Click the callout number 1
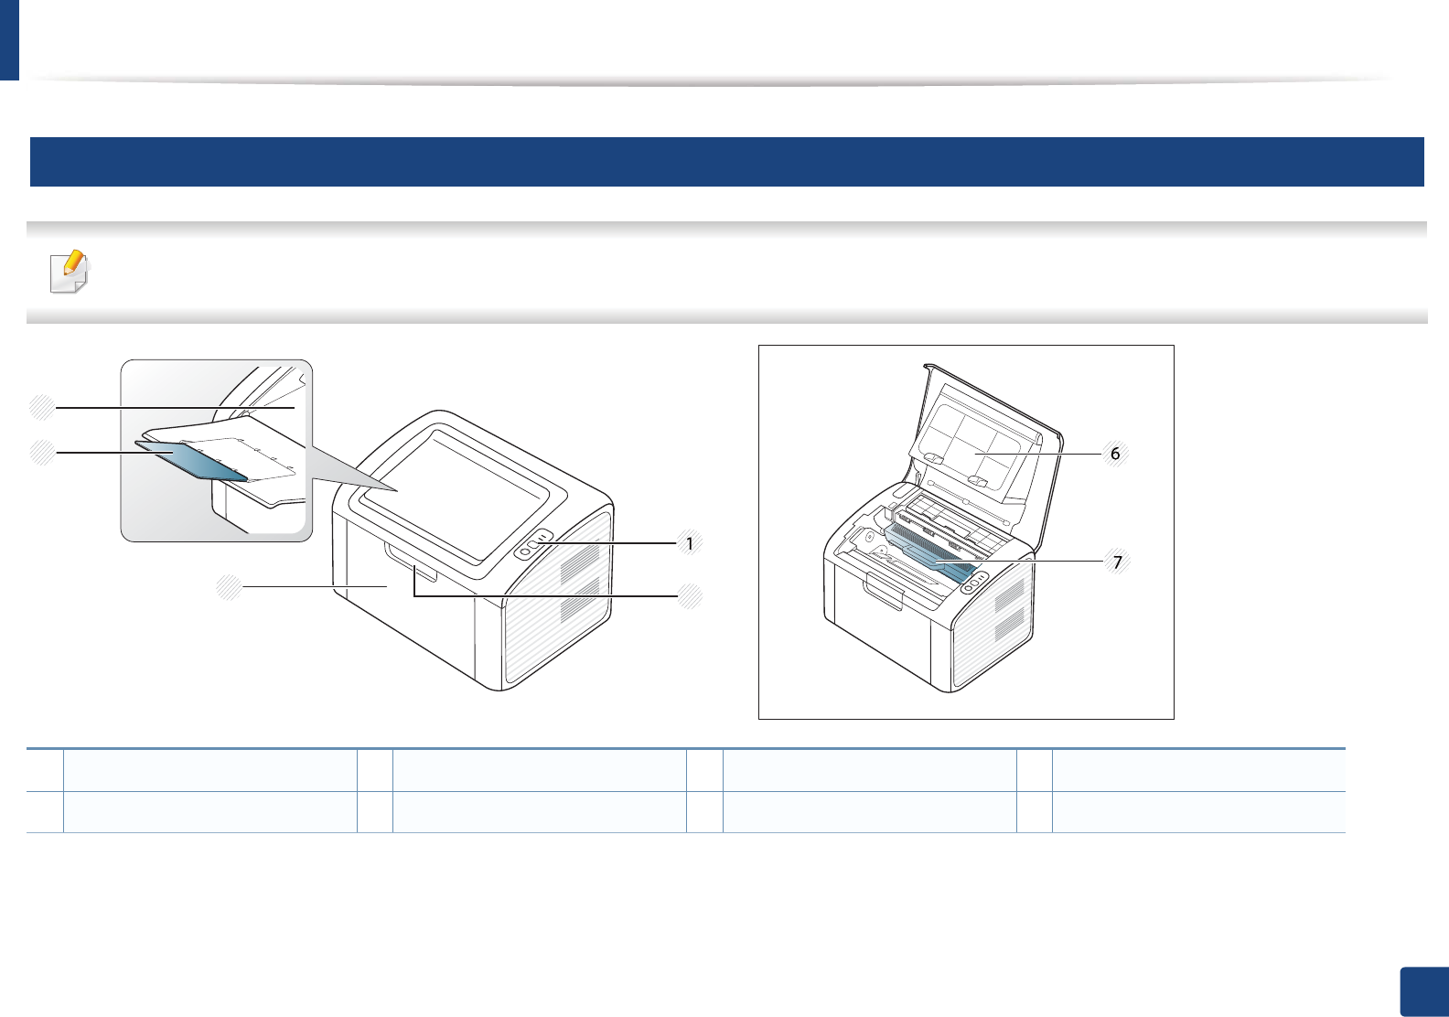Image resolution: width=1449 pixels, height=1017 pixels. (690, 543)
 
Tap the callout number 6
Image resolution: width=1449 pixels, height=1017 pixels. (1115, 454)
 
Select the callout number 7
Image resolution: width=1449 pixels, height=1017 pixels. (1117, 562)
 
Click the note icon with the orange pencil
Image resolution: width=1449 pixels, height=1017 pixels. (70, 272)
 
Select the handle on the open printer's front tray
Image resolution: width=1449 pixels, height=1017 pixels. (884, 594)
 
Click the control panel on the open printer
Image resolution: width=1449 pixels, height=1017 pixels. (973, 581)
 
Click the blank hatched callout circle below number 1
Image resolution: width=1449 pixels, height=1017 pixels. (691, 596)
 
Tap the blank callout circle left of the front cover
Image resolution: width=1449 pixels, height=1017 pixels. (229, 586)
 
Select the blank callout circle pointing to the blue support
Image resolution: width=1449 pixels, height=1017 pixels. (42, 452)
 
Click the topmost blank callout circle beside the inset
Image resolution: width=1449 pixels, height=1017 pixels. (42, 407)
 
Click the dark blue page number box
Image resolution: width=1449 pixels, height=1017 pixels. (1424, 991)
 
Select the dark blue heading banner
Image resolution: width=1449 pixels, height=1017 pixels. (726, 162)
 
